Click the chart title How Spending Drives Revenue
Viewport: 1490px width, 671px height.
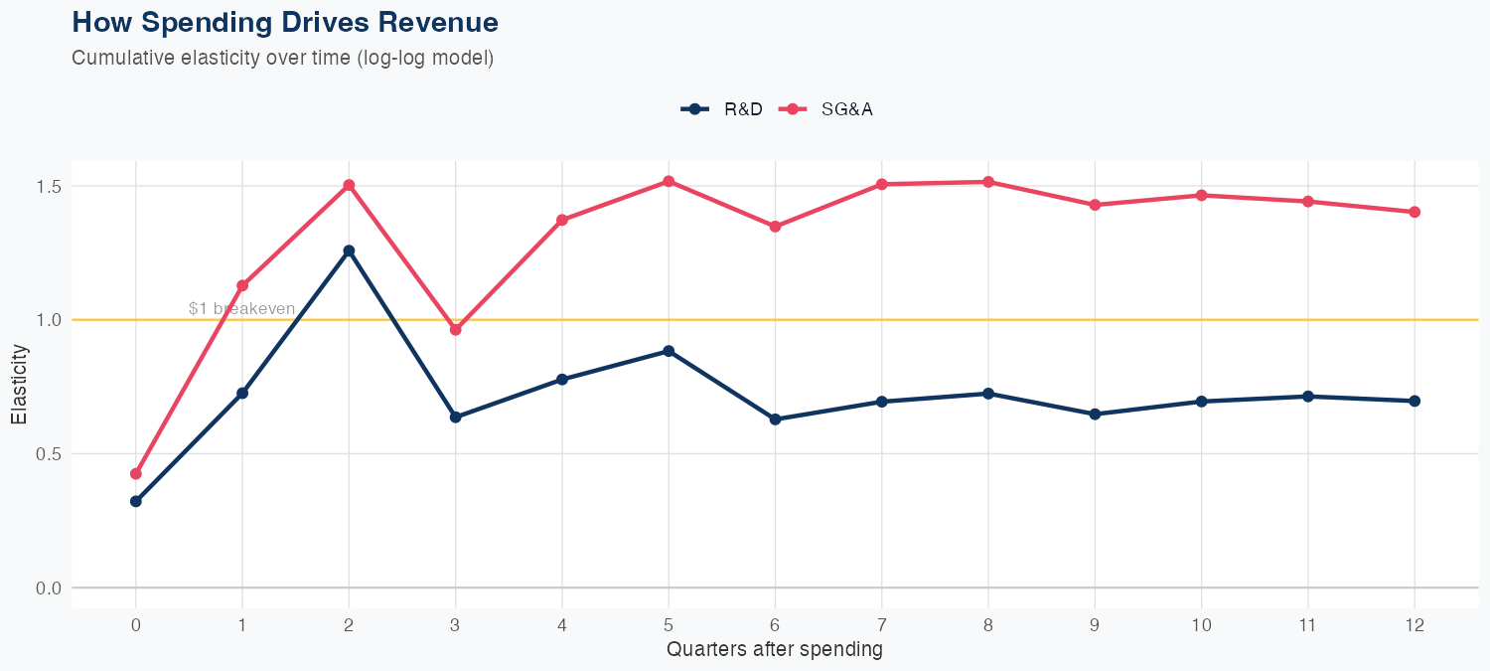(285, 22)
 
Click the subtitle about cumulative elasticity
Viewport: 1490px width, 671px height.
(282, 58)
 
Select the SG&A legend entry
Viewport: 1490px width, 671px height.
(826, 109)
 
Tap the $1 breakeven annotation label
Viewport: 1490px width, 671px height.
(241, 309)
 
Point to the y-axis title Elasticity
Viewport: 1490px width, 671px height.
(19, 384)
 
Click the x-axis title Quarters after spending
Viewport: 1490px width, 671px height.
(774, 650)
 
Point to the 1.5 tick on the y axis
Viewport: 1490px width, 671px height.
(50, 187)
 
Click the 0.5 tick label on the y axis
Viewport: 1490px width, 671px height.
(50, 454)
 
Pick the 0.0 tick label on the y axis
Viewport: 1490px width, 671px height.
(50, 588)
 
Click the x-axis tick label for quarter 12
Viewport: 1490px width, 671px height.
(1415, 625)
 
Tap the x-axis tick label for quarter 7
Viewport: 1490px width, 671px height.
(881, 625)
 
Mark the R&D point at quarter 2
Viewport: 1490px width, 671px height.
(349, 251)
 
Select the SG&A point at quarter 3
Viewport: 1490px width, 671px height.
(455, 329)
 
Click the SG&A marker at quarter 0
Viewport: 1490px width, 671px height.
(136, 473)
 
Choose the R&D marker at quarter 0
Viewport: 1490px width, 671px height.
(136, 501)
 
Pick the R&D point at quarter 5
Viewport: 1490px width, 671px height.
(669, 351)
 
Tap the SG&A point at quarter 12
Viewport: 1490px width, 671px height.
(1415, 212)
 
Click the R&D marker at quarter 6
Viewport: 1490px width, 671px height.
(775, 419)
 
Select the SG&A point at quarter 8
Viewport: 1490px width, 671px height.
(988, 182)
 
